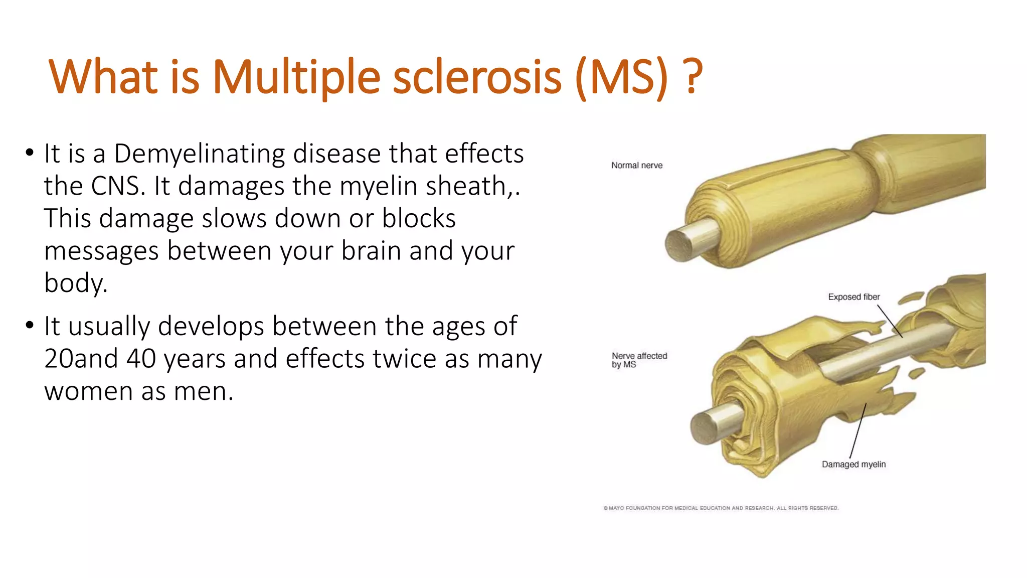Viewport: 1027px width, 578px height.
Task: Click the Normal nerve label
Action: point(636,166)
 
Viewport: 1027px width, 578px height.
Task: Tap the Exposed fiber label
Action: point(853,297)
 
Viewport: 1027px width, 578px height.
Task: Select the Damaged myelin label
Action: point(853,465)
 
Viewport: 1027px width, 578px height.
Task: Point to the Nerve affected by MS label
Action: point(639,360)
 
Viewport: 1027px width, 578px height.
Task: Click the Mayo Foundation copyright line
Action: point(721,508)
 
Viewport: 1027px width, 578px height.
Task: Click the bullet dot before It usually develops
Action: point(30,325)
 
